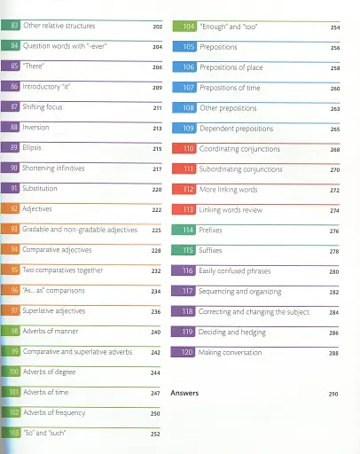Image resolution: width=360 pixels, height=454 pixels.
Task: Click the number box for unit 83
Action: coord(12,26)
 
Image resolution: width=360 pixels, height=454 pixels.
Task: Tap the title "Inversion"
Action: coord(35,128)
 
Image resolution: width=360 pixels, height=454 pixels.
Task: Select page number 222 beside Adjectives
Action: coord(156,210)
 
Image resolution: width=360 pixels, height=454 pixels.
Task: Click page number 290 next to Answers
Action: coord(333,393)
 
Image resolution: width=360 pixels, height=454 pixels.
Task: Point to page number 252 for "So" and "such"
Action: coord(156,434)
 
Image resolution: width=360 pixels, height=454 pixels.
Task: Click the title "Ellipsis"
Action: coord(32,148)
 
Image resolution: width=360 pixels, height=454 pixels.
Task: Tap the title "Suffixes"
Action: coord(213,251)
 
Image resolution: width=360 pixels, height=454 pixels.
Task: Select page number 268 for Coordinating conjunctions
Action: coord(334,149)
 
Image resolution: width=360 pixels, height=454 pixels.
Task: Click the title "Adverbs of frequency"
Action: coord(59,413)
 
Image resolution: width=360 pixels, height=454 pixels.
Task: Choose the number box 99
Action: coord(12,352)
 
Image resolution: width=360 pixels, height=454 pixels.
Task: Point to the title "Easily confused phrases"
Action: coord(236,270)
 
